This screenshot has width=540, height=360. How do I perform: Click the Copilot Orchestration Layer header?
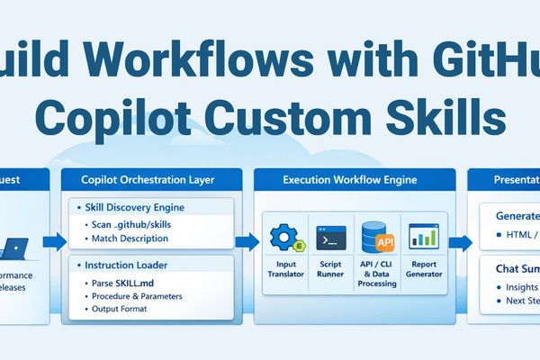150,180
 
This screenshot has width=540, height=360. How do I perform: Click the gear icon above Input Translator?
284,238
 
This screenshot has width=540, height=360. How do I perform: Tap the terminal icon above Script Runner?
329,238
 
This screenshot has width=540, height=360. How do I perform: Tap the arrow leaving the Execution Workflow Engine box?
462,241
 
